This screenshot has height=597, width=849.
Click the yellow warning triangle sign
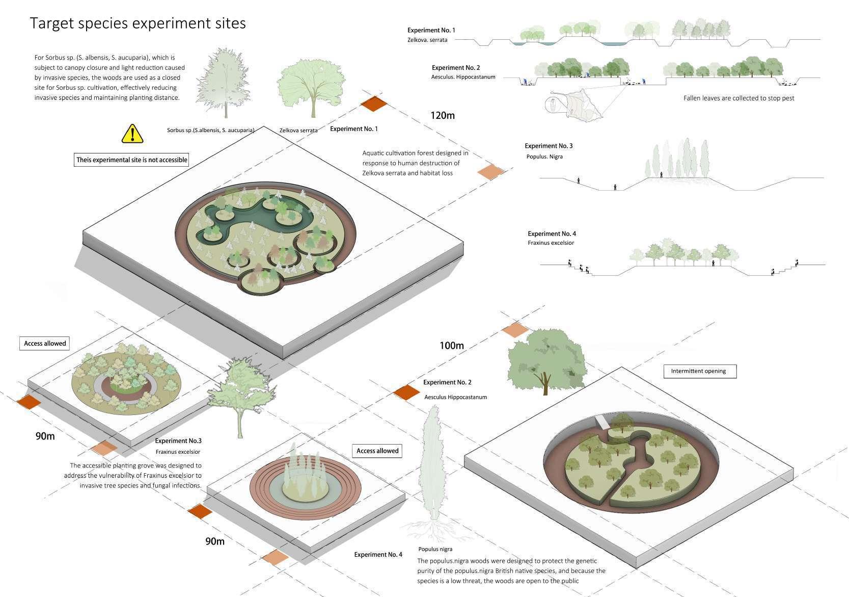click(x=132, y=134)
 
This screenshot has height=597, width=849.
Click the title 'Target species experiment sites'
click(x=138, y=23)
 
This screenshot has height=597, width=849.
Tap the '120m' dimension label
click(x=442, y=115)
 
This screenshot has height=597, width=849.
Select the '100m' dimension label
click(x=452, y=346)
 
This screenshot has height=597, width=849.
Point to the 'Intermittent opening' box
click(x=700, y=371)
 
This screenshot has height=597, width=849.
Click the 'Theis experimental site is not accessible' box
click(x=132, y=160)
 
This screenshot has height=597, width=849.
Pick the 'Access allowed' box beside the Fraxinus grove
click(x=45, y=344)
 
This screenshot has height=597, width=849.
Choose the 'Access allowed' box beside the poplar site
click(x=377, y=451)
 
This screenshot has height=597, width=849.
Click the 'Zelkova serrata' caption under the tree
click(x=298, y=131)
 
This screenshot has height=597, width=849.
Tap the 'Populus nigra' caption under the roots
click(x=435, y=549)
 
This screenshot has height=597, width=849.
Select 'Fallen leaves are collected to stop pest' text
click(x=738, y=98)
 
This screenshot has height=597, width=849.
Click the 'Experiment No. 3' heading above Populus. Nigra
click(x=549, y=146)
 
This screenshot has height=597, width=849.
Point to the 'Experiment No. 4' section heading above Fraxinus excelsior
click(x=552, y=234)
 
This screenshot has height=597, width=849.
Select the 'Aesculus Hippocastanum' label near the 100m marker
click(x=455, y=397)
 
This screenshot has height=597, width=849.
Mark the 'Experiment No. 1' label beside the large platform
click(x=354, y=129)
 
